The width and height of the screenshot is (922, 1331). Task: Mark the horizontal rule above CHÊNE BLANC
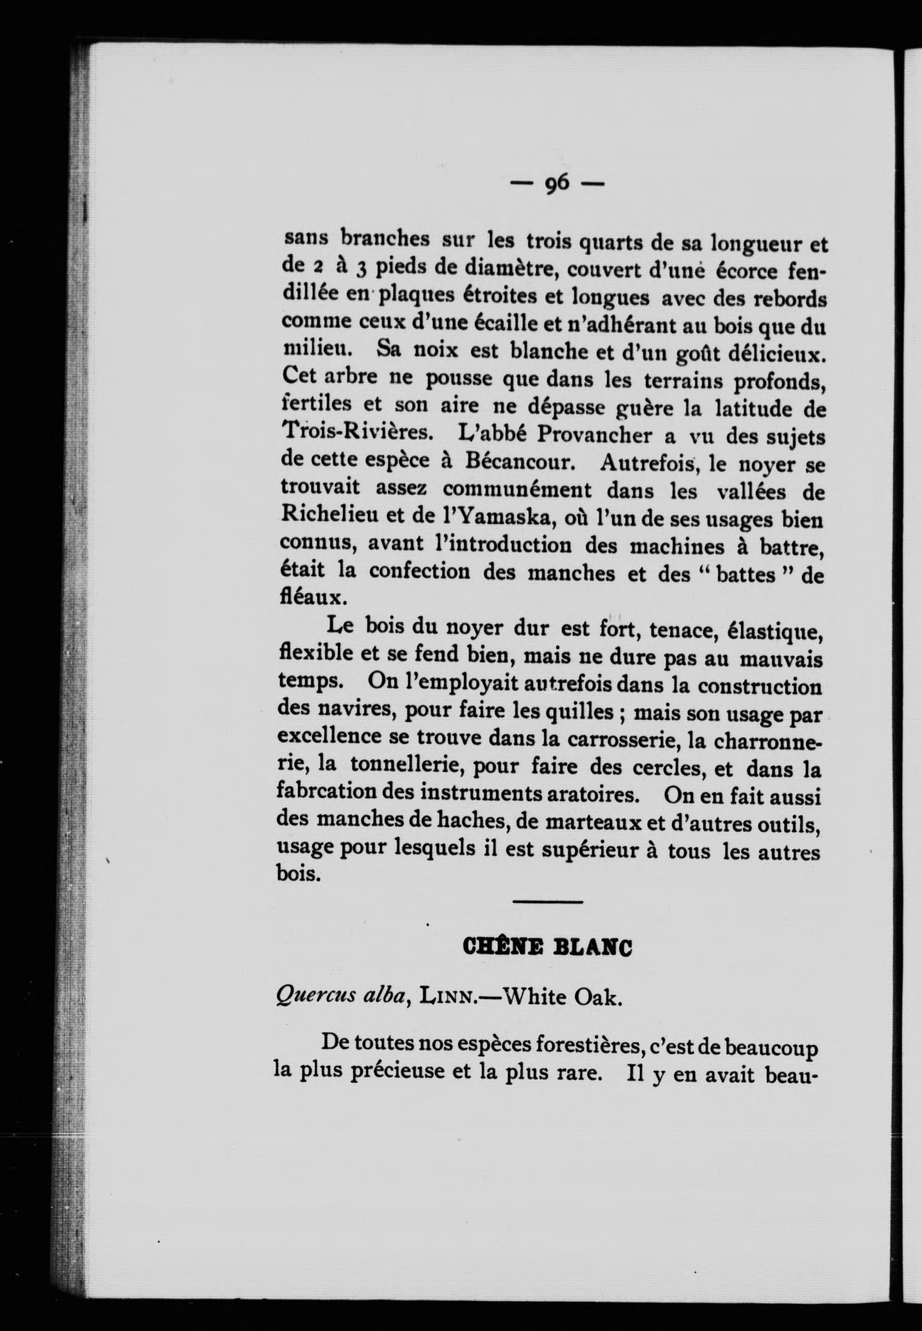point(548,902)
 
